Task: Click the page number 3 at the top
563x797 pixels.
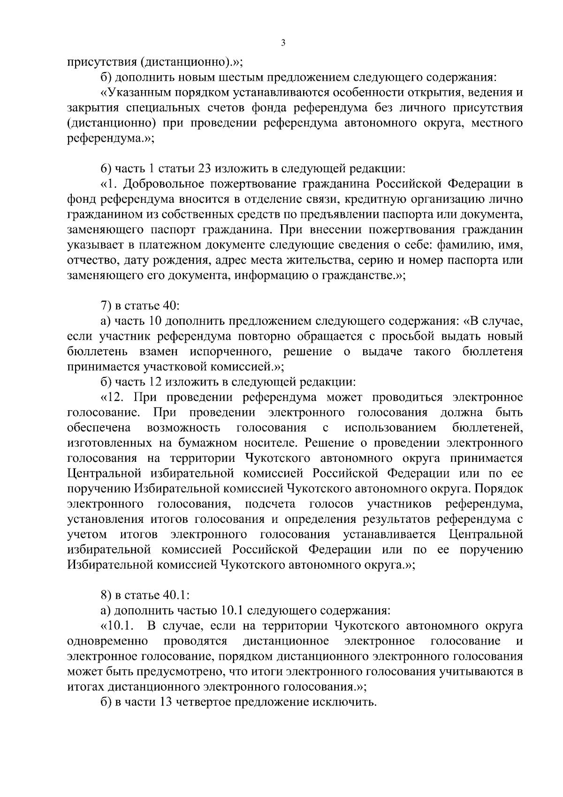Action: pos(282,43)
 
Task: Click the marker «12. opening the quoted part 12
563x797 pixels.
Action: pos(113,398)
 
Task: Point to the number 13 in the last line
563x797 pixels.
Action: pos(166,703)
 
